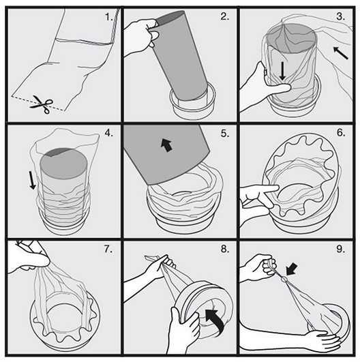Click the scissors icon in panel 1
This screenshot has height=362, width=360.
[42, 104]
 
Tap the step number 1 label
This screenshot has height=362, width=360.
[109, 17]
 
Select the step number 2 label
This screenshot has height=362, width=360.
[225, 16]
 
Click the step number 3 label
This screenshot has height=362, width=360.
[341, 16]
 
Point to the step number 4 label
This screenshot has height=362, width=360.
[109, 133]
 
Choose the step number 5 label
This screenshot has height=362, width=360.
[225, 133]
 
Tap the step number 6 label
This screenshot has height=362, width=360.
[341, 133]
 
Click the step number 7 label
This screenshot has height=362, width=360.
[108, 249]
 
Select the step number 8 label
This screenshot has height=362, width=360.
[225, 249]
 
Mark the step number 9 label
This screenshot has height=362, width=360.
[341, 249]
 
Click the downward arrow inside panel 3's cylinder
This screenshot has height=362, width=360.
[282, 71]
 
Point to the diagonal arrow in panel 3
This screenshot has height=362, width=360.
[341, 53]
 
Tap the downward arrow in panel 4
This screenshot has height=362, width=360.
[33, 181]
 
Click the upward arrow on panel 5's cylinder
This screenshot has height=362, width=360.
[167, 145]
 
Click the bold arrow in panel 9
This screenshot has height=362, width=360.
[292, 269]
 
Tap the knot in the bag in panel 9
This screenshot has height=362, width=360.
[284, 280]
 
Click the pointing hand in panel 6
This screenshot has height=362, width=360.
[257, 199]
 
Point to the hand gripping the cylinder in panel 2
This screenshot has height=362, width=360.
[141, 35]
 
